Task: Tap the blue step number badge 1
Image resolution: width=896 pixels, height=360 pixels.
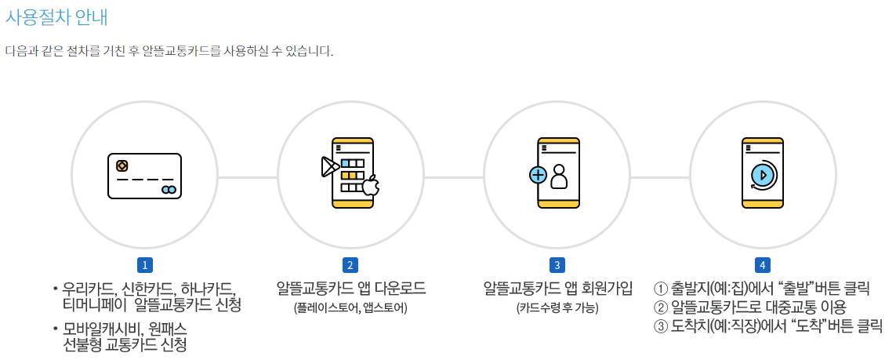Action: [143, 265]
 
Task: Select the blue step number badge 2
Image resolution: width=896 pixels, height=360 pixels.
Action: [350, 265]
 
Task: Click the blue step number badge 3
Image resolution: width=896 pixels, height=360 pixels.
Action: [557, 265]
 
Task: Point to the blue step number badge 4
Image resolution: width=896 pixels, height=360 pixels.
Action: [762, 265]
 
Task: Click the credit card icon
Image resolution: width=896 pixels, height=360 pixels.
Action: [144, 176]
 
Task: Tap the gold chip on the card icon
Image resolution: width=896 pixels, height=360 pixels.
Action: [122, 165]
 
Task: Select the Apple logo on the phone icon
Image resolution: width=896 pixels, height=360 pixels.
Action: [371, 186]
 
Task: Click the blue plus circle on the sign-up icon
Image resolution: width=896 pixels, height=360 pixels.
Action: [538, 175]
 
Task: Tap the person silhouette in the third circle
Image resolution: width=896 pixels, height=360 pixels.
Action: [558, 177]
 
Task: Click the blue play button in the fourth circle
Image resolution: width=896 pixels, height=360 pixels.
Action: [761, 174]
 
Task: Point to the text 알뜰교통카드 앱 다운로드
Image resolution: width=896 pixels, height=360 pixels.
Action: [350, 289]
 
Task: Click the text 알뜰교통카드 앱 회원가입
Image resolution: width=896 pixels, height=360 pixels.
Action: [557, 289]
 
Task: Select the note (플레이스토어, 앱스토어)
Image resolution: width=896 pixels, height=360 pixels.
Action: [350, 307]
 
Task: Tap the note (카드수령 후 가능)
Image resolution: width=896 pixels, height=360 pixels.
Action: [557, 307]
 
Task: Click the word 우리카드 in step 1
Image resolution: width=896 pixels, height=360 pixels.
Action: [88, 289]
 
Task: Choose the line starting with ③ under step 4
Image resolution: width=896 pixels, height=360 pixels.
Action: [767, 325]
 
